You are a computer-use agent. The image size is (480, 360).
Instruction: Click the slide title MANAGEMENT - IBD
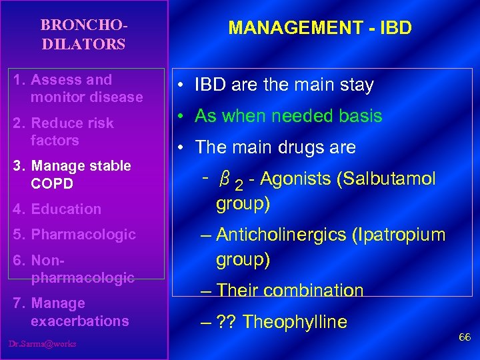[320, 28]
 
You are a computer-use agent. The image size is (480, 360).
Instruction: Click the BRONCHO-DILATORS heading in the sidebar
[83, 35]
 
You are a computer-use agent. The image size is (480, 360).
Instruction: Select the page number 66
[464, 337]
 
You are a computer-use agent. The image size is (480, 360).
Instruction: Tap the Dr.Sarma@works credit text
[43, 344]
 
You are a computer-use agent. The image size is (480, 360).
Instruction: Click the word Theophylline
[295, 322]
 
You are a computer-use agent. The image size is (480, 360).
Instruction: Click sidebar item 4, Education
[65, 209]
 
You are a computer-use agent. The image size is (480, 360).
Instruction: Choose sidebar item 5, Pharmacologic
[83, 234]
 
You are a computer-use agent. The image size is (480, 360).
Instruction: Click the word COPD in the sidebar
[51, 183]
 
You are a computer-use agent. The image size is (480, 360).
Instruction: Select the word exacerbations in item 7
[79, 321]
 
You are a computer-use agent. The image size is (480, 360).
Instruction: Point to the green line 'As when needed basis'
[288, 116]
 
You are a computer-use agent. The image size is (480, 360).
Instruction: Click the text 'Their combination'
[290, 291]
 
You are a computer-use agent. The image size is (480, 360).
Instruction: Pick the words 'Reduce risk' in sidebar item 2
[72, 123]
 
